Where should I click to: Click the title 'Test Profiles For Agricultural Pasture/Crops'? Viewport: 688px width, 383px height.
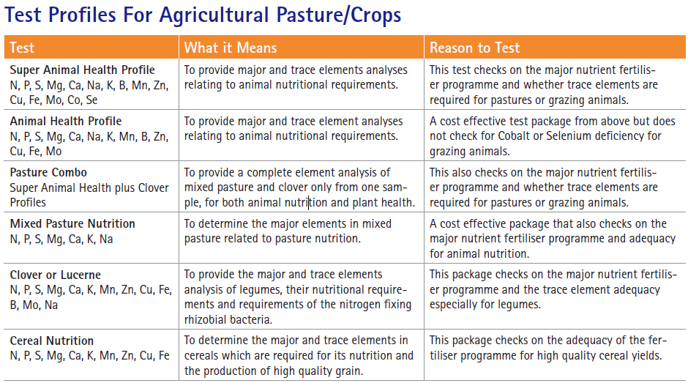(x=203, y=15)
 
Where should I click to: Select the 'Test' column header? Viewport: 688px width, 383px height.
(x=22, y=48)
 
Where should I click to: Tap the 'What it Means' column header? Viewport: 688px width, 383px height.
(x=231, y=48)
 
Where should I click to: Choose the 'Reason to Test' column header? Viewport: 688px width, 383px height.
(x=474, y=48)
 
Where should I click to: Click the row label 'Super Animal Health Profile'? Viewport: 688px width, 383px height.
(x=82, y=70)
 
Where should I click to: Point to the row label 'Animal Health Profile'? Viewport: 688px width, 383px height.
(x=66, y=122)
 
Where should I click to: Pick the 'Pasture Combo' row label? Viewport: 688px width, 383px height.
(x=48, y=173)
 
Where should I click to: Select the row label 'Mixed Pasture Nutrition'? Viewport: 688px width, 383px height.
(x=72, y=223)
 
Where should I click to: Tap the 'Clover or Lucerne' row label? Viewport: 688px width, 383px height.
(x=56, y=275)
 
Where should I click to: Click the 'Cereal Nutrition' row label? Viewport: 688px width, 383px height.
(x=52, y=341)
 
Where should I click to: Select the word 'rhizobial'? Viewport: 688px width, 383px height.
(x=204, y=319)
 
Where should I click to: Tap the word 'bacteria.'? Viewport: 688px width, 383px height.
(x=250, y=319)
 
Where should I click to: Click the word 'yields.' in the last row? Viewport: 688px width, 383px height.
(x=645, y=355)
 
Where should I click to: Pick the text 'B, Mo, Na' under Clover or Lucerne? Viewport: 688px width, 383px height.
(x=34, y=305)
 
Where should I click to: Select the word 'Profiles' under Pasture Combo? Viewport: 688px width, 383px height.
(x=28, y=202)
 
